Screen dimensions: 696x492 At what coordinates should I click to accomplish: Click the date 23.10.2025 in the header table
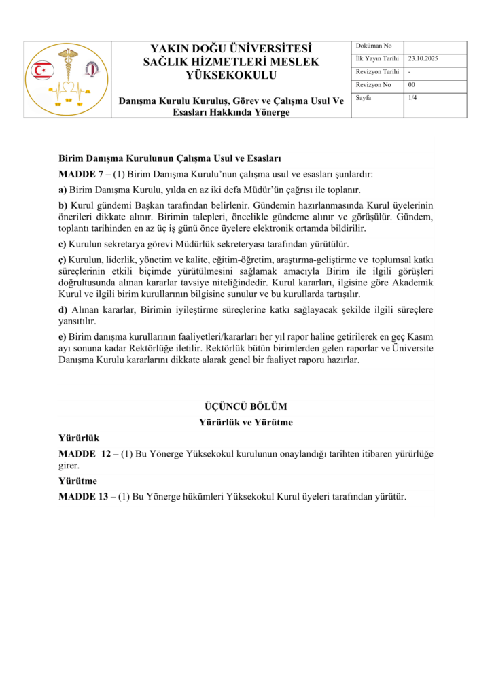[423, 59]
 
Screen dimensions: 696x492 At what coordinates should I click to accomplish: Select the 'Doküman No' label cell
[370, 46]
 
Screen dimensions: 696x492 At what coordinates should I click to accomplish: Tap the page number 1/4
[412, 98]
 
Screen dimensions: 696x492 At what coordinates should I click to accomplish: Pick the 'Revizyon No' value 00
[411, 85]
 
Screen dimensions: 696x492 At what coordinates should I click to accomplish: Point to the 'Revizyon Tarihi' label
[377, 72]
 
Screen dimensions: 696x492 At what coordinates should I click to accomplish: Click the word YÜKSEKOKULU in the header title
[231, 75]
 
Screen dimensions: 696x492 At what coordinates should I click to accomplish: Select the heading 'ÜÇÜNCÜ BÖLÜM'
[245, 406]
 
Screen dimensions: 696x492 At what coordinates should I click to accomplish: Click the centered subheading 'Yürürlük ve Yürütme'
[245, 422]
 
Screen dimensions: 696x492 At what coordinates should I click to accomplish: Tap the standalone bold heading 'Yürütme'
[78, 481]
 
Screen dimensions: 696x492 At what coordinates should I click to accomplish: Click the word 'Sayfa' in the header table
[364, 98]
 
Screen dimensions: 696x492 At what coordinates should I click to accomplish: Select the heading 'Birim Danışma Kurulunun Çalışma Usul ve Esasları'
[170, 158]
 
